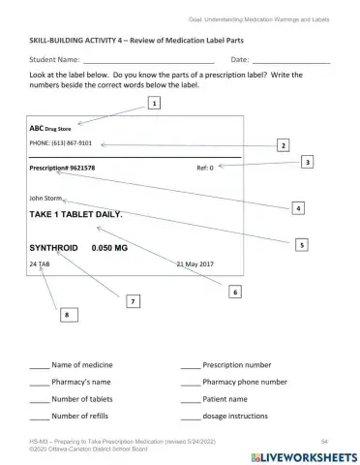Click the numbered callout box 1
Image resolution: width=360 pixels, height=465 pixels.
pos(154,102)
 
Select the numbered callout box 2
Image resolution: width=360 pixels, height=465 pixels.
pos(284,144)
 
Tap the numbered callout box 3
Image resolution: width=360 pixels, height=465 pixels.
pos(307,163)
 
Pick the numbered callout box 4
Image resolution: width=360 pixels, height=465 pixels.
pos(298,208)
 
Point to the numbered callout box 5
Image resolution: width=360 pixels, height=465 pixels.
pos(303,245)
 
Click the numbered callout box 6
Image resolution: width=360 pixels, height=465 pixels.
pos(235,291)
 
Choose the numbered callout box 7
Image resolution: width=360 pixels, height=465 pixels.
pos(132,302)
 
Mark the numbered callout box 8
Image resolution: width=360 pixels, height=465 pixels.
pos(66,315)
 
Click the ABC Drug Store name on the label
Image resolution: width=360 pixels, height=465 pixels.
pos(52,126)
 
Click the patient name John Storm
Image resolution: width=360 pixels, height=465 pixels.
pos(46,198)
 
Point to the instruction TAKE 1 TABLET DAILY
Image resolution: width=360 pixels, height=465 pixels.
pos(76,213)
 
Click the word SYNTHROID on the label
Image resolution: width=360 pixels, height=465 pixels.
pos(53,248)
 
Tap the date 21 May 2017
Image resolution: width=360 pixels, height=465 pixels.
pos(195,263)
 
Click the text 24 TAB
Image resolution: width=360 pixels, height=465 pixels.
pos(40,263)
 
